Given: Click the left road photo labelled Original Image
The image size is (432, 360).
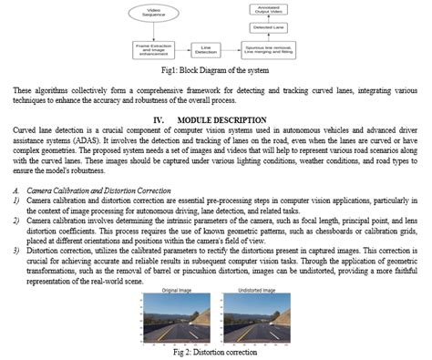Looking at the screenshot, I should click(x=180, y=317).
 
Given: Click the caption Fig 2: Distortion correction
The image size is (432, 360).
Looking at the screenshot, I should click(x=215, y=352).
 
